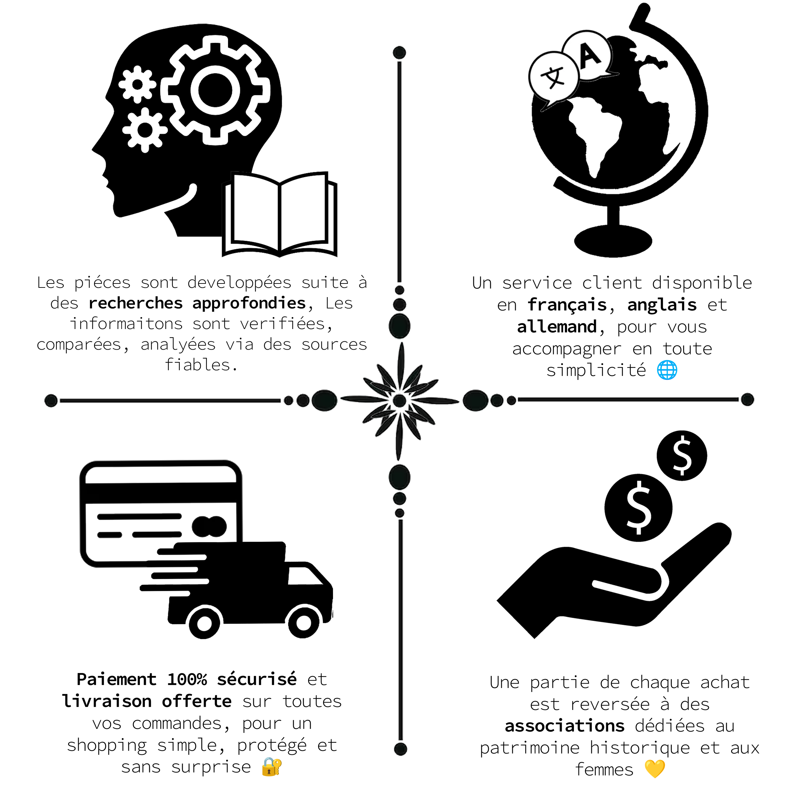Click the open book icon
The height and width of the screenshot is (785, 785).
pos(280,214)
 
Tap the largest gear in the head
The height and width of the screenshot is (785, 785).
pos(215,90)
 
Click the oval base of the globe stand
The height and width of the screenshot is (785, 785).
pos(613,241)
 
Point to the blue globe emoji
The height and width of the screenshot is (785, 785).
pos(667,370)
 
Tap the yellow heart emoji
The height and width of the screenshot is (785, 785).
pos(655,768)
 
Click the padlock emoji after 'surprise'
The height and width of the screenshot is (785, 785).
pos(272,766)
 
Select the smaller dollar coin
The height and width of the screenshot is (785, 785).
pos(682,455)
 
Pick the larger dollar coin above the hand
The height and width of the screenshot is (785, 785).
pos(638,507)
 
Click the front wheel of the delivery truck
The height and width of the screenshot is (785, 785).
pos(303,623)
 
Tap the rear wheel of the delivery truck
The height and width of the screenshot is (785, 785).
pos(204,623)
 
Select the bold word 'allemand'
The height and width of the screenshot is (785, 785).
pos(557,327)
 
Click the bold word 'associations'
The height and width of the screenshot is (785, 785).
pos(564,726)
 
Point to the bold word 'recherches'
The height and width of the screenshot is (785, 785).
pos(136,303)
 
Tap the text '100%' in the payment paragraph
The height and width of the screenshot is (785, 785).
pos(187,679)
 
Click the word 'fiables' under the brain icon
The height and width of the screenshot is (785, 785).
pos(198,365)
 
